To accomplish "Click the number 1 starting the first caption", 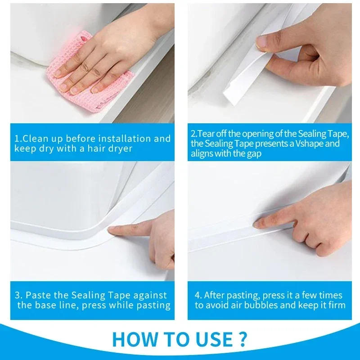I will point(16,139).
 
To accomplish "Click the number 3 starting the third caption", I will point(17,296).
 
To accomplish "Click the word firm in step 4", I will point(336,305).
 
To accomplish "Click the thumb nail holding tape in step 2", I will point(261,42).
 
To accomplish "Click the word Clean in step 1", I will point(35,139).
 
